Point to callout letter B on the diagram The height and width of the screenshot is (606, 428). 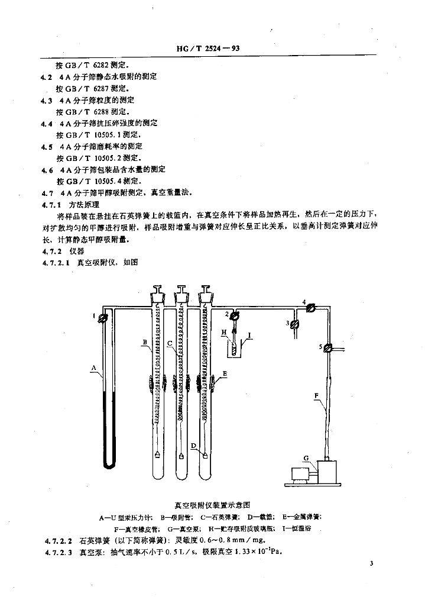[x=144, y=342]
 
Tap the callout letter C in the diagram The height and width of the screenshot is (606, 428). [x=170, y=343]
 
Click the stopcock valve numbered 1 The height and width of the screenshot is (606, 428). [x=104, y=318]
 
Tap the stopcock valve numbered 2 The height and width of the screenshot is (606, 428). [x=234, y=315]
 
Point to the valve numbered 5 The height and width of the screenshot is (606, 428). [x=329, y=348]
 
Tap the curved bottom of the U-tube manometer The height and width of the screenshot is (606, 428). [x=108, y=466]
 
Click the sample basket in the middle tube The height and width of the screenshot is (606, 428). [x=181, y=455]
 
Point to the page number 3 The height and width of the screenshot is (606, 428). [x=371, y=565]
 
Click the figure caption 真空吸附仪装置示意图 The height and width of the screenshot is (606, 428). [x=213, y=505]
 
